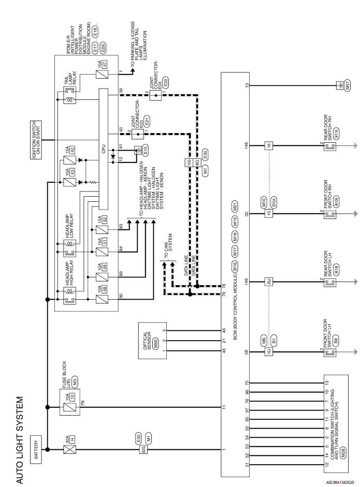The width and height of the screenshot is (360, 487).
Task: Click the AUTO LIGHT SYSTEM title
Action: [x=20, y=440]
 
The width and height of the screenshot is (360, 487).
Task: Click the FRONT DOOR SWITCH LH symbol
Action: [x=327, y=353]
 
